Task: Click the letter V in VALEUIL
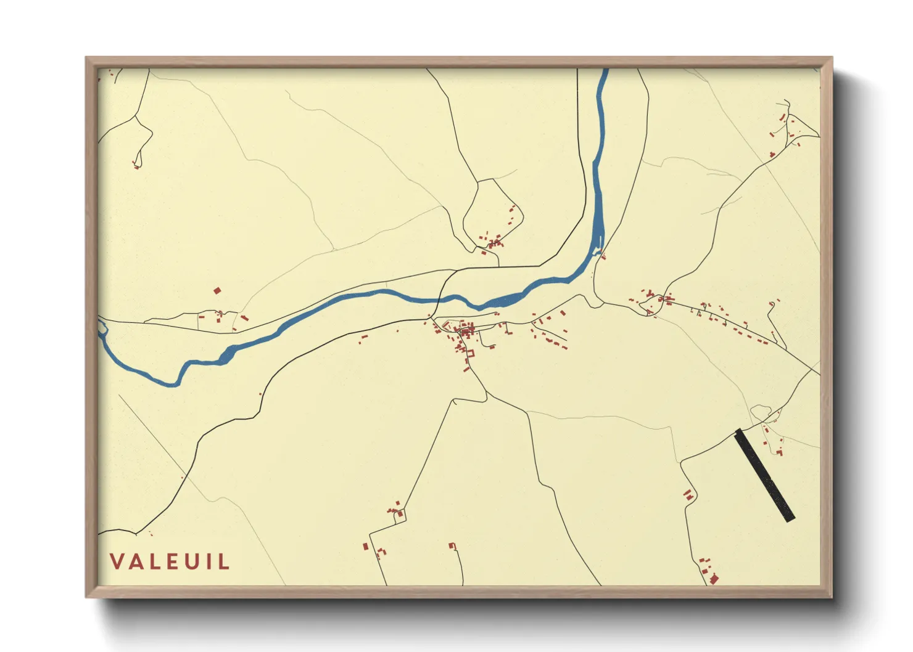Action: [x=118, y=561]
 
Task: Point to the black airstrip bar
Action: [x=764, y=475]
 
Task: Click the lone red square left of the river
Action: [x=217, y=290]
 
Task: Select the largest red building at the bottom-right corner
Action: [x=714, y=579]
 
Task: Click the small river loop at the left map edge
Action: [x=102, y=330]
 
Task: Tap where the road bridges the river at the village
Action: [x=439, y=300]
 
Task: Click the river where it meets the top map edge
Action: [x=605, y=70]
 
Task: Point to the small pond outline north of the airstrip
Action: [x=761, y=411]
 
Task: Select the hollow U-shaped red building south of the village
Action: [x=471, y=354]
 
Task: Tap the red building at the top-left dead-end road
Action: [x=136, y=165]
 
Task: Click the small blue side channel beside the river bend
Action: [x=597, y=251]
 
